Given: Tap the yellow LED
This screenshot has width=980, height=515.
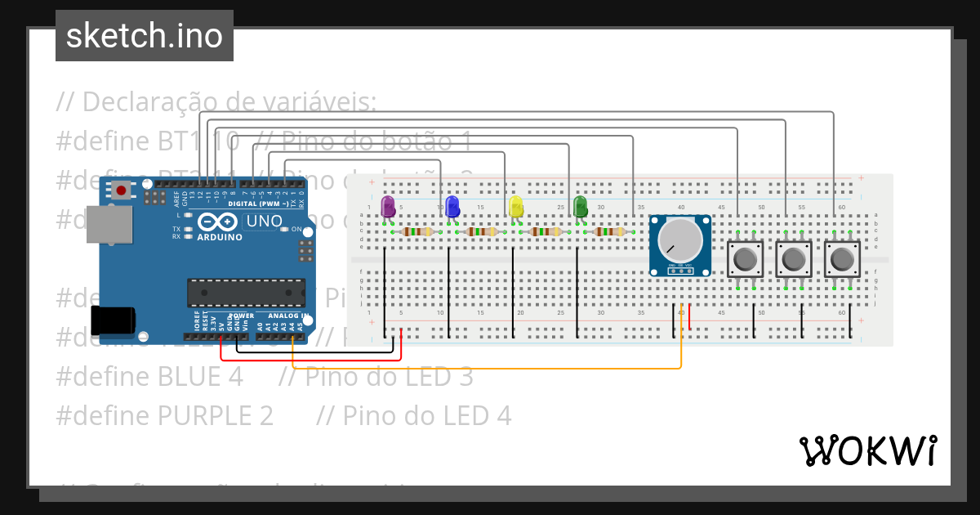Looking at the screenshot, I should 515,206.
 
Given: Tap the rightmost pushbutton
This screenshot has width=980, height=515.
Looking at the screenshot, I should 840,259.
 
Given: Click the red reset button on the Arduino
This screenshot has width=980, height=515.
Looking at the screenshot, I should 121,190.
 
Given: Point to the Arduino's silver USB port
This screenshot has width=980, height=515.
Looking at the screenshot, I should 108,224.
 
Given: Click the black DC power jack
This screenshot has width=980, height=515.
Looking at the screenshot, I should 113,320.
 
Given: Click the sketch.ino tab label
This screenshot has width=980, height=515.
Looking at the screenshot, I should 145,36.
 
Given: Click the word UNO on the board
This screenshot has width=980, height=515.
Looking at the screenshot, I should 264,222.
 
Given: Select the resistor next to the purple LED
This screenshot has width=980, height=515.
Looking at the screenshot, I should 416,232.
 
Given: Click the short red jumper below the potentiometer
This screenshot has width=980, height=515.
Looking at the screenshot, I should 690,318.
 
